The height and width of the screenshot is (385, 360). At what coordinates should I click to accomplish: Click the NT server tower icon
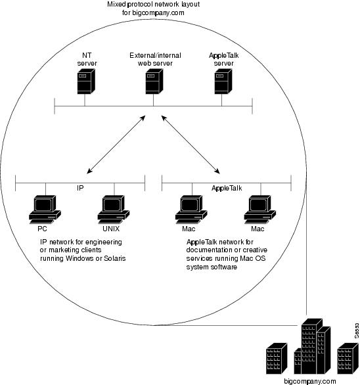[x=86, y=81]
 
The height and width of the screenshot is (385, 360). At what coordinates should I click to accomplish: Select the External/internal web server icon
[x=154, y=81]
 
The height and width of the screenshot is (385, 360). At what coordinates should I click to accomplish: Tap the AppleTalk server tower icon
[x=223, y=81]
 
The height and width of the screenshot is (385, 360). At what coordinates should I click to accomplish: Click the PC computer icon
[x=45, y=210]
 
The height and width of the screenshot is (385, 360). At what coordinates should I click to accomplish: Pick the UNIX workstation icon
[x=114, y=210]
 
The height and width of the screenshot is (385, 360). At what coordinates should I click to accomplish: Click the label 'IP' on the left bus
[x=80, y=188]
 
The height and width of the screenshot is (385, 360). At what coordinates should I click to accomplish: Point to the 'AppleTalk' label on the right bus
[x=227, y=189]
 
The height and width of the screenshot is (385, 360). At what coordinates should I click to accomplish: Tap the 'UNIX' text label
[x=111, y=229]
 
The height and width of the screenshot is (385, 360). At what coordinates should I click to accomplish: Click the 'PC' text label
[x=42, y=229]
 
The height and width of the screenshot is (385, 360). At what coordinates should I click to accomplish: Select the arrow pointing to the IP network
[x=116, y=145]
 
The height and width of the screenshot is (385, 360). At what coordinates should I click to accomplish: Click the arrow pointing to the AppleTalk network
[x=191, y=145]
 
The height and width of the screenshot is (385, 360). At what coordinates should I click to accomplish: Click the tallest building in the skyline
[x=311, y=346]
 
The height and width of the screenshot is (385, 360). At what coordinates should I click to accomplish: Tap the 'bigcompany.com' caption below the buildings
[x=310, y=381]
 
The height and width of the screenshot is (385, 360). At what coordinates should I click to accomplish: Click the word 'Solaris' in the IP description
[x=115, y=258]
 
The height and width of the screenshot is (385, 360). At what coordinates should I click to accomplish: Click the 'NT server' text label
[x=87, y=59]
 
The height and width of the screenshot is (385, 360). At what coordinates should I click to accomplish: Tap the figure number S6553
[x=357, y=330]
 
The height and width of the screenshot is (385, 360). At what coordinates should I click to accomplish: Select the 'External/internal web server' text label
[x=155, y=59]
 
